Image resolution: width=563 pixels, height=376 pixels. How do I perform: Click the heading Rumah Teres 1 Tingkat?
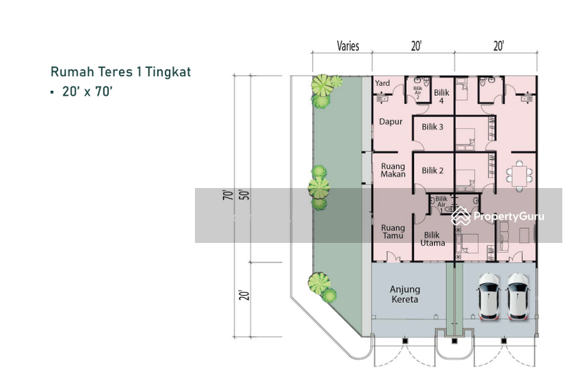pyautogui.click(x=120, y=72)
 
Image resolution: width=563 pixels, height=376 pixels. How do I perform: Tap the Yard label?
pyautogui.click(x=382, y=83)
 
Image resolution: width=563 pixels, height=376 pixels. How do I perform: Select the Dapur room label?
pyautogui.click(x=391, y=122)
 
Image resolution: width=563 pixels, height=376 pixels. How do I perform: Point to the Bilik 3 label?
pyautogui.click(x=432, y=127)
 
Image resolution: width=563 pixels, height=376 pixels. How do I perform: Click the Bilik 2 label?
pyautogui.click(x=432, y=170)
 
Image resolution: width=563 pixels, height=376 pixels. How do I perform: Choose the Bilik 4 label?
pyautogui.click(x=442, y=96)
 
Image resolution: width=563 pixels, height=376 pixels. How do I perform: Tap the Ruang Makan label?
pyautogui.click(x=393, y=170)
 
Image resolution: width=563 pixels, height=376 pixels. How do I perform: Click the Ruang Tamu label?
pyautogui.click(x=393, y=232)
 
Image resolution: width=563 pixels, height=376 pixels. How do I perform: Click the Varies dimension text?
pyautogui.click(x=348, y=46)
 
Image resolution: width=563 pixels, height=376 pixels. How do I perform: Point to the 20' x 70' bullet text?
pyautogui.click(x=82, y=92)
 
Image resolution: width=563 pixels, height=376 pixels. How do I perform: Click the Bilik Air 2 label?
pyautogui.click(x=417, y=94)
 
